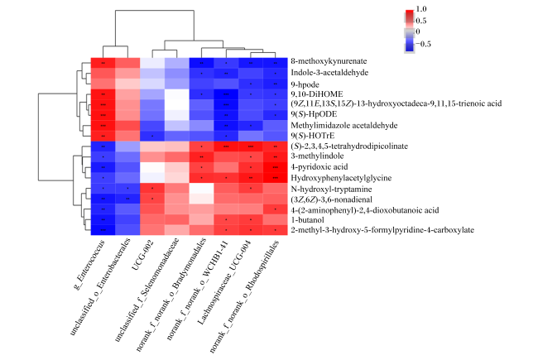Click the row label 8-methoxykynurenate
pos(329,61)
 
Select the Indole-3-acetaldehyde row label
pos(329,72)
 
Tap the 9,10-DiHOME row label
pos(317,94)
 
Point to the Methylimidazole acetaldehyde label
pos(344,125)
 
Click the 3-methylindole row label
pos(317,156)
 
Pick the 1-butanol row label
pos(307,219)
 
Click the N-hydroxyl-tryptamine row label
pos(331,189)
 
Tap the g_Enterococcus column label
pos(90,264)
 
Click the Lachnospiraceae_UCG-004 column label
pos(224,282)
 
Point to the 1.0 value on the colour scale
pos(421,9)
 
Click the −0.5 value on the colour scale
pos(423,44)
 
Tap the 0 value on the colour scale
pos(418,31)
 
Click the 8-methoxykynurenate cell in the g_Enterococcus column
pos(103,63)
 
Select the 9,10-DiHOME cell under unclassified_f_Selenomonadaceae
pos(176,94)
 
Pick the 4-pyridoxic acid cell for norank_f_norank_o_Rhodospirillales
pos(275,167)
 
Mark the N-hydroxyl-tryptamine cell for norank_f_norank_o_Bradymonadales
pos(201,189)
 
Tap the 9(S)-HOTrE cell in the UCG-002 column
pos(152,136)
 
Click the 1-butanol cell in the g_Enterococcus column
pos(103,219)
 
